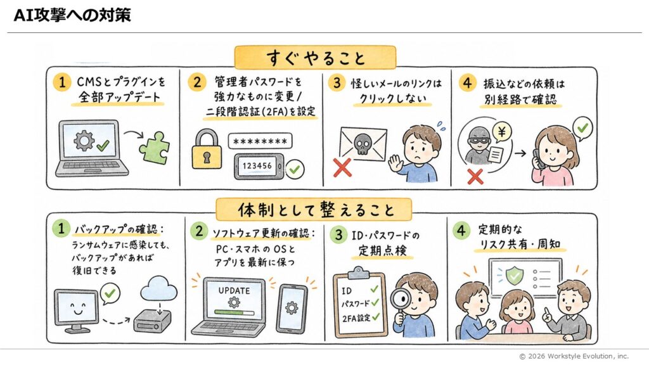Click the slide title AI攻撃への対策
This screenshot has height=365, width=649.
[x=72, y=15]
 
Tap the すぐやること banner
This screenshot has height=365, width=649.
[x=316, y=57]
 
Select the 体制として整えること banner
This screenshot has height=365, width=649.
[x=314, y=209]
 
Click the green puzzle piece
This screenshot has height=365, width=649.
[x=155, y=148]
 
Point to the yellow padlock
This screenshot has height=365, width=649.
[x=207, y=149]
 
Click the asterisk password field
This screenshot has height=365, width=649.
[x=260, y=141]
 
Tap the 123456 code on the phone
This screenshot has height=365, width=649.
[x=257, y=166]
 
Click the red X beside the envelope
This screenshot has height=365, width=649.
[x=342, y=167]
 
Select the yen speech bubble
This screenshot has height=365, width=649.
[x=502, y=132]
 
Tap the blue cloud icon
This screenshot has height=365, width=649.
[x=158, y=289]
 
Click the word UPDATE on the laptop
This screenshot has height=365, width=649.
[x=235, y=290]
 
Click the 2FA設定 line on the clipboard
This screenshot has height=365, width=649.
[x=356, y=318]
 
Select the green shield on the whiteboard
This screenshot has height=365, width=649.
[x=514, y=275]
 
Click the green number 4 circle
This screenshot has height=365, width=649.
[x=461, y=230]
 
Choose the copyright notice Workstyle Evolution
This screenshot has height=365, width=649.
[x=574, y=356]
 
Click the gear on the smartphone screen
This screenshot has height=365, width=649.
[x=292, y=309]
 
